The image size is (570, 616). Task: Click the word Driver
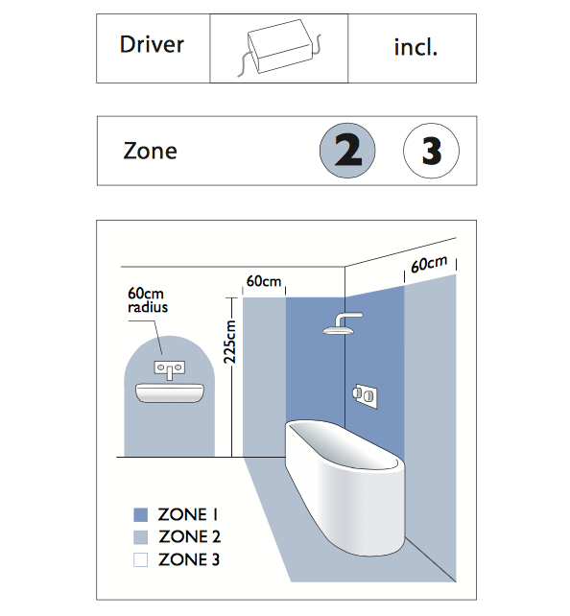[152, 44]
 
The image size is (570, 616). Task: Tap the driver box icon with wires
[279, 47]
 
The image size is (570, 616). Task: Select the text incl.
[416, 47]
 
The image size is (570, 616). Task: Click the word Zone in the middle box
[150, 151]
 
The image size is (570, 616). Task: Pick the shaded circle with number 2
[347, 151]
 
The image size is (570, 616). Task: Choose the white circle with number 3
[431, 151]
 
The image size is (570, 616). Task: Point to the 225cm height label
[229, 342]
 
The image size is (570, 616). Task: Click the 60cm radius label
[148, 300]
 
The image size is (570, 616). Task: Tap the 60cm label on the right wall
[429, 264]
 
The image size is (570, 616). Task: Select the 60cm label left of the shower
[264, 281]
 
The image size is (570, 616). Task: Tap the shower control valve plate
[365, 395]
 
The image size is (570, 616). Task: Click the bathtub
[345, 487]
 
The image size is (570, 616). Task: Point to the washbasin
[170, 392]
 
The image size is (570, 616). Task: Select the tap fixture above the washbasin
[169, 369]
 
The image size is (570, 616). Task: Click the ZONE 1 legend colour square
[141, 514]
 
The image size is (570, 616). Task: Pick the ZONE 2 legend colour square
[141, 537]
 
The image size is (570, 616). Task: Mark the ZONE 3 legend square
[141, 559]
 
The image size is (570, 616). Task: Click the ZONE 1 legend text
[188, 514]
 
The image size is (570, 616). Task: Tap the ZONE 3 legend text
[189, 559]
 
